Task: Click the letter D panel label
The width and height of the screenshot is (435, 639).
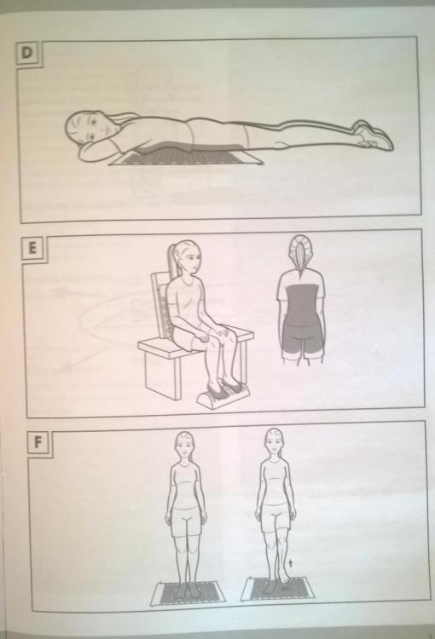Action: pyautogui.click(x=26, y=53)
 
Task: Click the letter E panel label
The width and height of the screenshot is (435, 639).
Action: pyautogui.click(x=32, y=248)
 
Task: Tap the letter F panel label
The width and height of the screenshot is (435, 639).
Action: pyautogui.click(x=38, y=441)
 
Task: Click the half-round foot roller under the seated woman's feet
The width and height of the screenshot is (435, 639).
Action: pyautogui.click(x=223, y=396)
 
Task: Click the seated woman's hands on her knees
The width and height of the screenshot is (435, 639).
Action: pyautogui.click(x=213, y=335)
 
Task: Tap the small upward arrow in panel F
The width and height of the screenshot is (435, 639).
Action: pyautogui.click(x=291, y=564)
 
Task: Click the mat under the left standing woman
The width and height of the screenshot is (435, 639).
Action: pyautogui.click(x=187, y=593)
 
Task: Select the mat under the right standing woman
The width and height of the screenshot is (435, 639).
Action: pyautogui.click(x=277, y=589)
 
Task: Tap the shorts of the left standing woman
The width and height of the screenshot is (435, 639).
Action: pyautogui.click(x=186, y=521)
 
